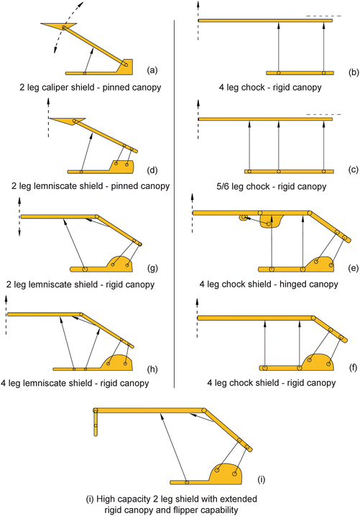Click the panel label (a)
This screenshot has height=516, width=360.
[151, 70]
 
